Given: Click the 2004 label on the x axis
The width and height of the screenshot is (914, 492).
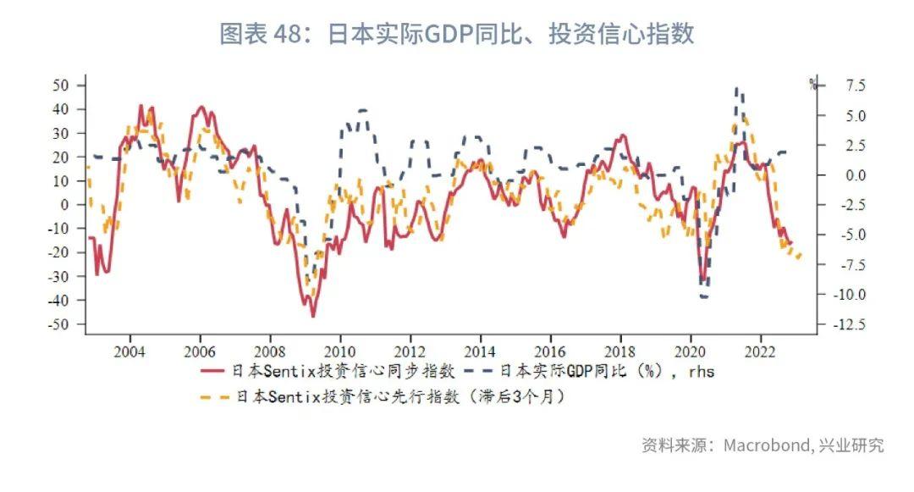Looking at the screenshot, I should point(129,351).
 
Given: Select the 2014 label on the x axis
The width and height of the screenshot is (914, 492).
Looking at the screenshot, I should point(480,351).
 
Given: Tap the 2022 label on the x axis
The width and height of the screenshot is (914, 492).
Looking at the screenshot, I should point(760,351).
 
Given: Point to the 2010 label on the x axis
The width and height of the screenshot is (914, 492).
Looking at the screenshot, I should point(339,351).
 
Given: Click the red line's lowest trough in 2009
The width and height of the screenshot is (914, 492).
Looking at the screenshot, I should point(312,316).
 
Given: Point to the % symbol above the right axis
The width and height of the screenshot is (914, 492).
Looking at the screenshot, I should point(812,84).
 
